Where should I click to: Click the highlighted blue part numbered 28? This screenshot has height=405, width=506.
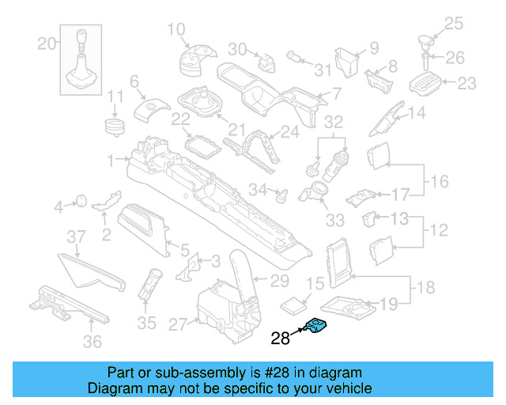click(x=318, y=326)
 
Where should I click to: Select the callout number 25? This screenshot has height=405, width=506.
click(x=453, y=24)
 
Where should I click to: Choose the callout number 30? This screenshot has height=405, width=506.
click(x=238, y=48)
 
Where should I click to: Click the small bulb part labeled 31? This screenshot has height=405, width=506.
click(x=293, y=56)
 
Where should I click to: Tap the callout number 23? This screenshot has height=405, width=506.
click(x=467, y=83)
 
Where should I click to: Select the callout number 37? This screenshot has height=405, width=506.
click(x=75, y=237)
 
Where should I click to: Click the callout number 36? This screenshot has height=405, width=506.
click(x=93, y=342)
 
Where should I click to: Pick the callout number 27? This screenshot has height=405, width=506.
click(x=178, y=324)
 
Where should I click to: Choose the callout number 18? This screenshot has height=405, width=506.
click(x=425, y=286)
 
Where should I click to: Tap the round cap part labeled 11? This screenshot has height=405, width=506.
click(x=116, y=126)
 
